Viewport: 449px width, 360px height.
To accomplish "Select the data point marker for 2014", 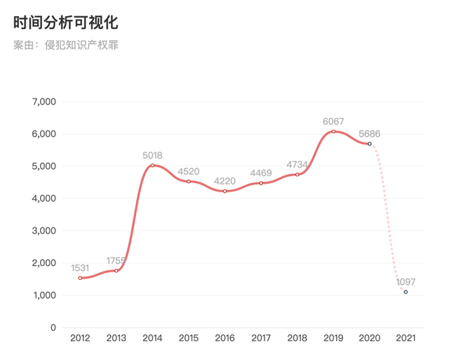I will [152, 166].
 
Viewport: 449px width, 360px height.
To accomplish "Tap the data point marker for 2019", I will [333, 132].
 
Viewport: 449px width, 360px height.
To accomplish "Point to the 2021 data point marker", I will [406, 292].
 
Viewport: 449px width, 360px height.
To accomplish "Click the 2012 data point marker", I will [80, 278].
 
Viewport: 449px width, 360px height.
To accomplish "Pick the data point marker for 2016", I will [224, 191].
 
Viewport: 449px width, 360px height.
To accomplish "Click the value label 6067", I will [333, 121].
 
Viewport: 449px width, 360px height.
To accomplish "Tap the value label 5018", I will [152, 155].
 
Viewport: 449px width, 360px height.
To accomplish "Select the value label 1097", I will [406, 281].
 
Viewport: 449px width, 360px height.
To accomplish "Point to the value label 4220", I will [224, 180].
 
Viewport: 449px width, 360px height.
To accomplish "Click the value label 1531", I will [81, 267].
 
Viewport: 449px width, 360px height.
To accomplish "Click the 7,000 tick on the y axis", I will [43, 102].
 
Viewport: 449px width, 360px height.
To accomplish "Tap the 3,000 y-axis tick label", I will [43, 231].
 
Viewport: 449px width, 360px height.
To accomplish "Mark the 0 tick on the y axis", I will [53, 328].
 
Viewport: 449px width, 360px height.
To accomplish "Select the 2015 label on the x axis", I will [189, 339].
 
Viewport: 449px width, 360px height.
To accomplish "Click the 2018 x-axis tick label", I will [297, 339].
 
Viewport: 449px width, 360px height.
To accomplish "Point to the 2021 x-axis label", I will [406, 339].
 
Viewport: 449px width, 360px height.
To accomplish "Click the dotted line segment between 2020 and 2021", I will [388, 211].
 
